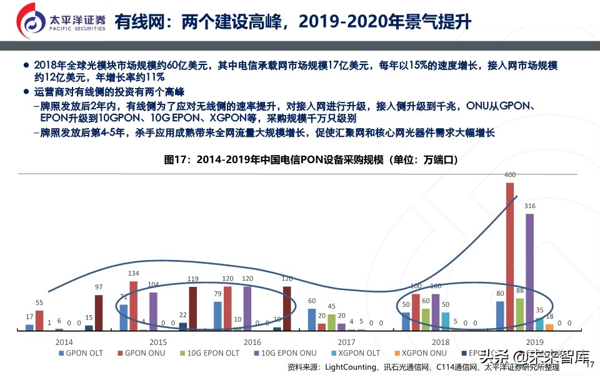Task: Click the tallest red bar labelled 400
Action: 510,256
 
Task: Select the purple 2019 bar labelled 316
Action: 529,272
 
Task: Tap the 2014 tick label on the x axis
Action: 64,342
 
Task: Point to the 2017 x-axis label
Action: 346,342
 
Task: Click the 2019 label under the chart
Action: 534,342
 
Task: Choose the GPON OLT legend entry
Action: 81,353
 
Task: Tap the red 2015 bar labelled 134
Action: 133,306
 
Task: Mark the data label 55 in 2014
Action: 39,302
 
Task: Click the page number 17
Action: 592,366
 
